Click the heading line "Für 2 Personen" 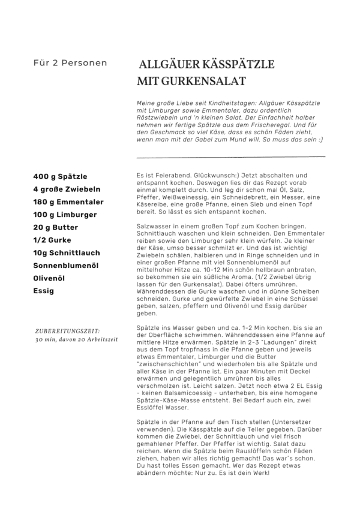click(70, 63)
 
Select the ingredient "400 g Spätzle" click(60, 177)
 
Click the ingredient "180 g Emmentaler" click(68, 202)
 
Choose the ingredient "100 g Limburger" click(65, 215)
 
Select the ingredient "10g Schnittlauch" click(67, 253)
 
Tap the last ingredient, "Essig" click(44, 291)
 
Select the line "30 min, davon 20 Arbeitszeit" click(75, 339)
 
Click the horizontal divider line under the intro click(231, 156)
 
